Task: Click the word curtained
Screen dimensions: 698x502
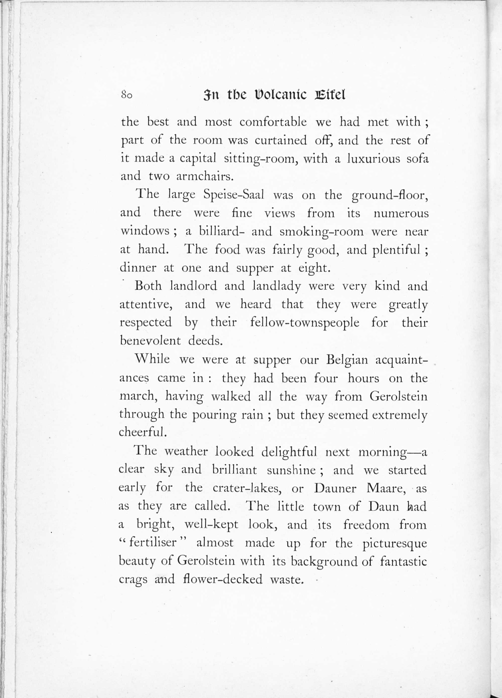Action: click(x=281, y=140)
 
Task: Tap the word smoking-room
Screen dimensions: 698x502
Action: click(x=322, y=231)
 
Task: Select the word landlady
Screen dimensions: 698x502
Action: click(x=276, y=286)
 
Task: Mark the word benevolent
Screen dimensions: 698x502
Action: click(x=150, y=341)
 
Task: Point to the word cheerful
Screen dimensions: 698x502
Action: click(x=142, y=432)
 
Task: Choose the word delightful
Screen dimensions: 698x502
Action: click(x=289, y=452)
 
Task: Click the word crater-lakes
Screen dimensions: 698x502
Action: click(x=247, y=488)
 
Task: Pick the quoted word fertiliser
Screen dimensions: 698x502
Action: click(x=153, y=543)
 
